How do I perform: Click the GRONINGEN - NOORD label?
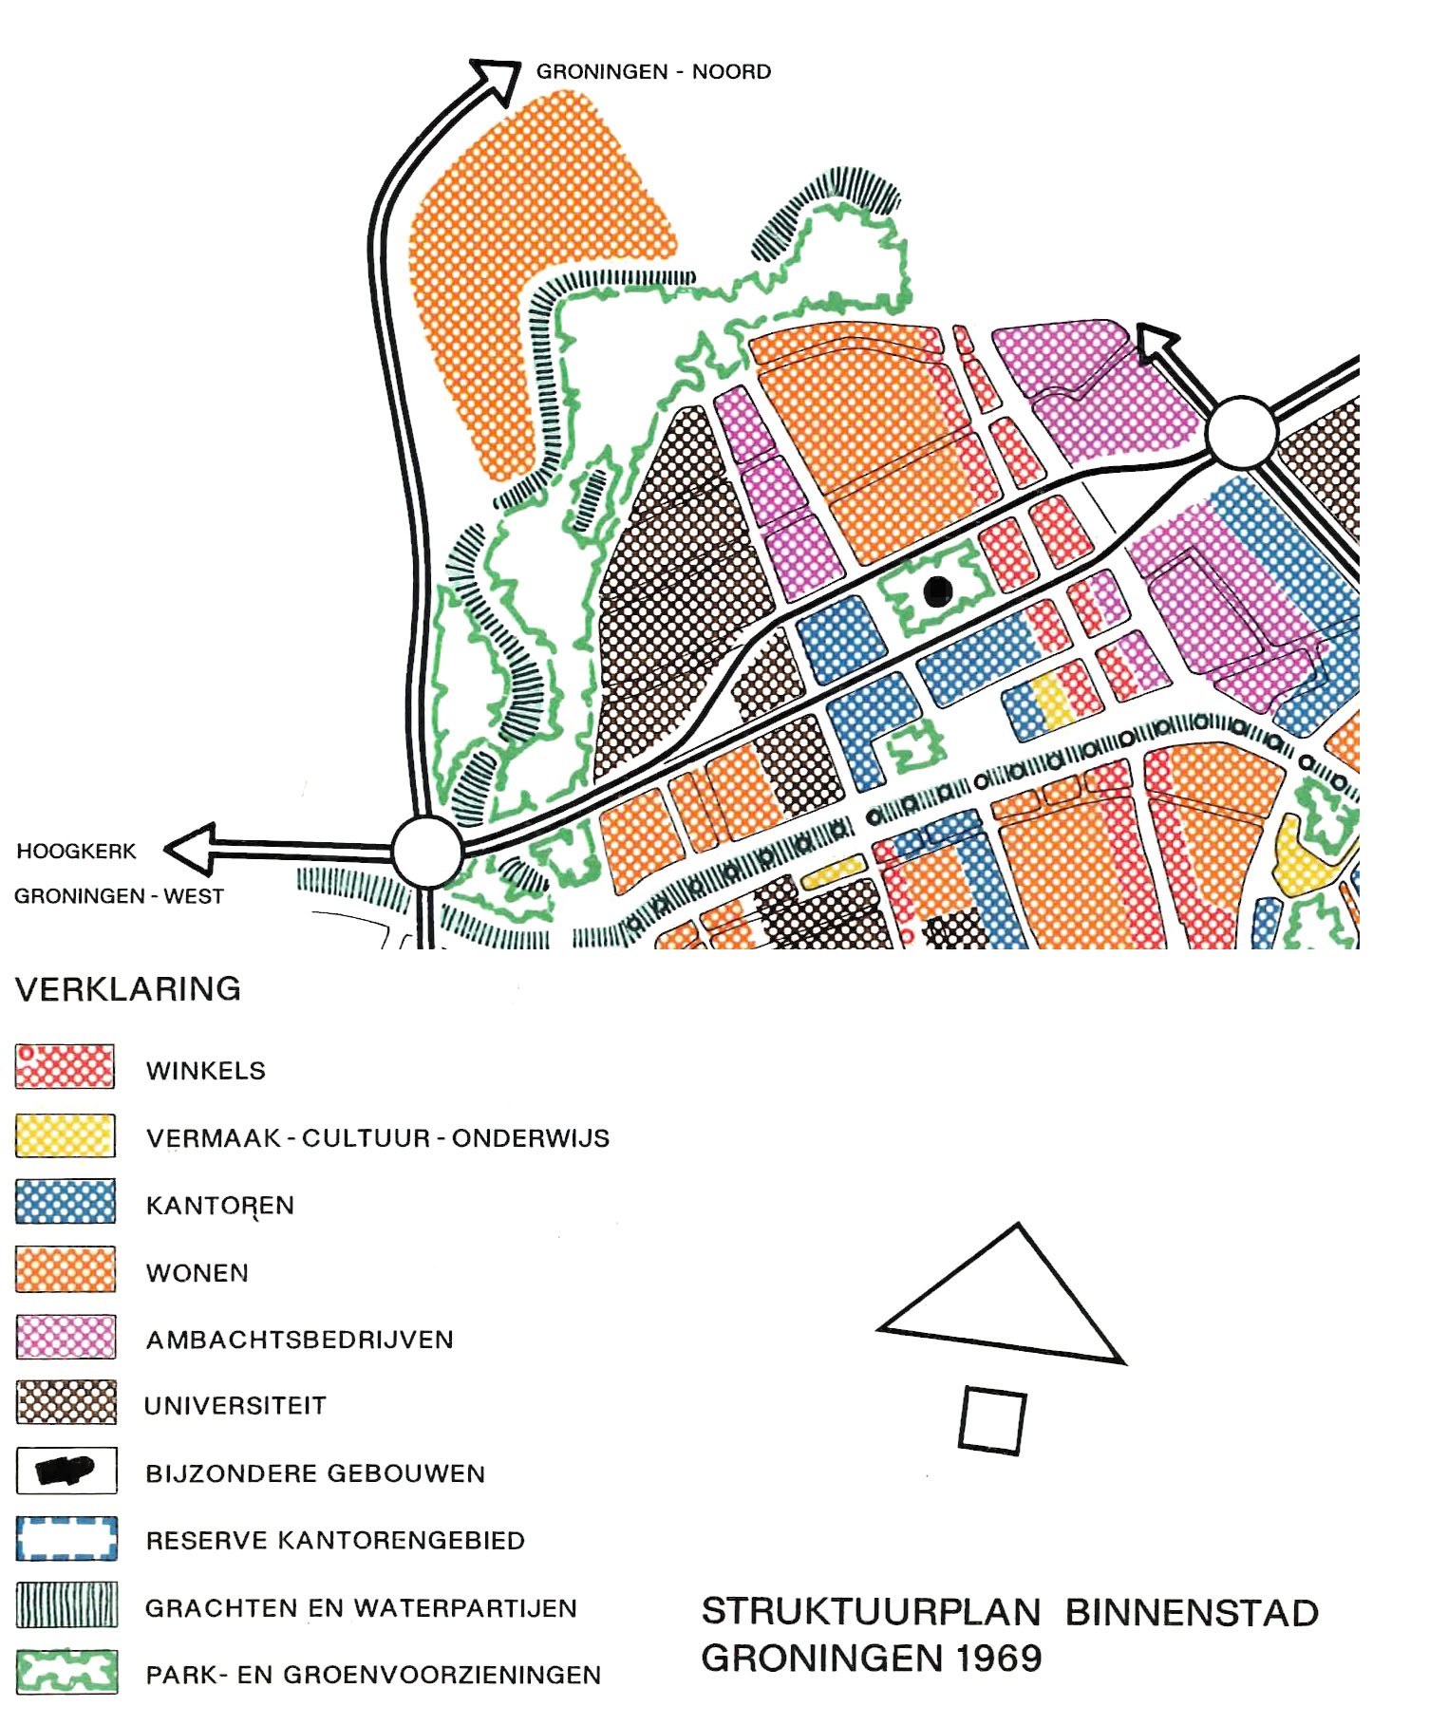pyautogui.click(x=653, y=71)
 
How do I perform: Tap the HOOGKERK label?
pyautogui.click(x=76, y=851)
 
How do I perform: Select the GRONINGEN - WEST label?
pyautogui.click(x=119, y=896)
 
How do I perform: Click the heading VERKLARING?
pyautogui.click(x=128, y=989)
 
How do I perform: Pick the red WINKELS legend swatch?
pyautogui.click(x=65, y=1067)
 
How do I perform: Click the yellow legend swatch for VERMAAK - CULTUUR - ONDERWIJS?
pyautogui.click(x=65, y=1135)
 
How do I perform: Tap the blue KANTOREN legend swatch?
pyautogui.click(x=65, y=1202)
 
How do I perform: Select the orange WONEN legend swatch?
pyautogui.click(x=65, y=1269)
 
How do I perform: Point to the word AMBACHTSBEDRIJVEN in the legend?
pyautogui.click(x=299, y=1340)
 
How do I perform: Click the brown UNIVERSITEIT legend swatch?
pyautogui.click(x=66, y=1402)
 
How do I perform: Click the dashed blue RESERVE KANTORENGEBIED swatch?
pyautogui.click(x=66, y=1538)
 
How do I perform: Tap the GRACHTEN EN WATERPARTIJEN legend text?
pyautogui.click(x=361, y=1608)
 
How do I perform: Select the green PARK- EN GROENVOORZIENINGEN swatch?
pyautogui.click(x=66, y=1672)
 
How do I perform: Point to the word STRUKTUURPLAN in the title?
pyautogui.click(x=871, y=1613)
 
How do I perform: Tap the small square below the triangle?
pyautogui.click(x=992, y=1420)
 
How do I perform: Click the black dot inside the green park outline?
pyautogui.click(x=937, y=591)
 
